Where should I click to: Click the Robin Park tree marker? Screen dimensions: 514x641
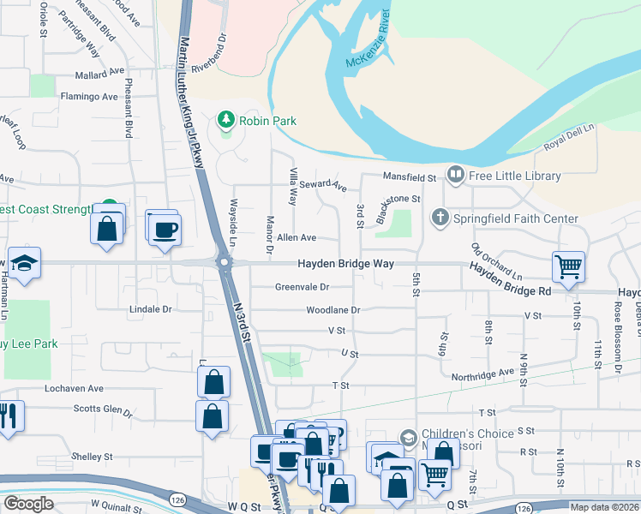[226, 120]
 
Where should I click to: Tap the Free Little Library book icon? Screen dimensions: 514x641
[455, 176]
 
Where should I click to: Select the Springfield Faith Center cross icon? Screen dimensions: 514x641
[440, 218]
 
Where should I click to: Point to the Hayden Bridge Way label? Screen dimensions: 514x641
[345, 264]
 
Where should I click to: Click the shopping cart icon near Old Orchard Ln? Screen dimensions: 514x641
[568, 266]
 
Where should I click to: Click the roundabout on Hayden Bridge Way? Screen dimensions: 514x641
[225, 264]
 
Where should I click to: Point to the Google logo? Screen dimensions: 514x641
[28, 504]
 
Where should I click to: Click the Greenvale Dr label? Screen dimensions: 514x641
[303, 287]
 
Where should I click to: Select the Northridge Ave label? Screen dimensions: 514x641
[482, 373]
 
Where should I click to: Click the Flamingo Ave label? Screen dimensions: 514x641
[88, 97]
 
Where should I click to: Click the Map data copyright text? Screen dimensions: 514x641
[604, 506]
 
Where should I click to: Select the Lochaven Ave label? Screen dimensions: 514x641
[74, 388]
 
